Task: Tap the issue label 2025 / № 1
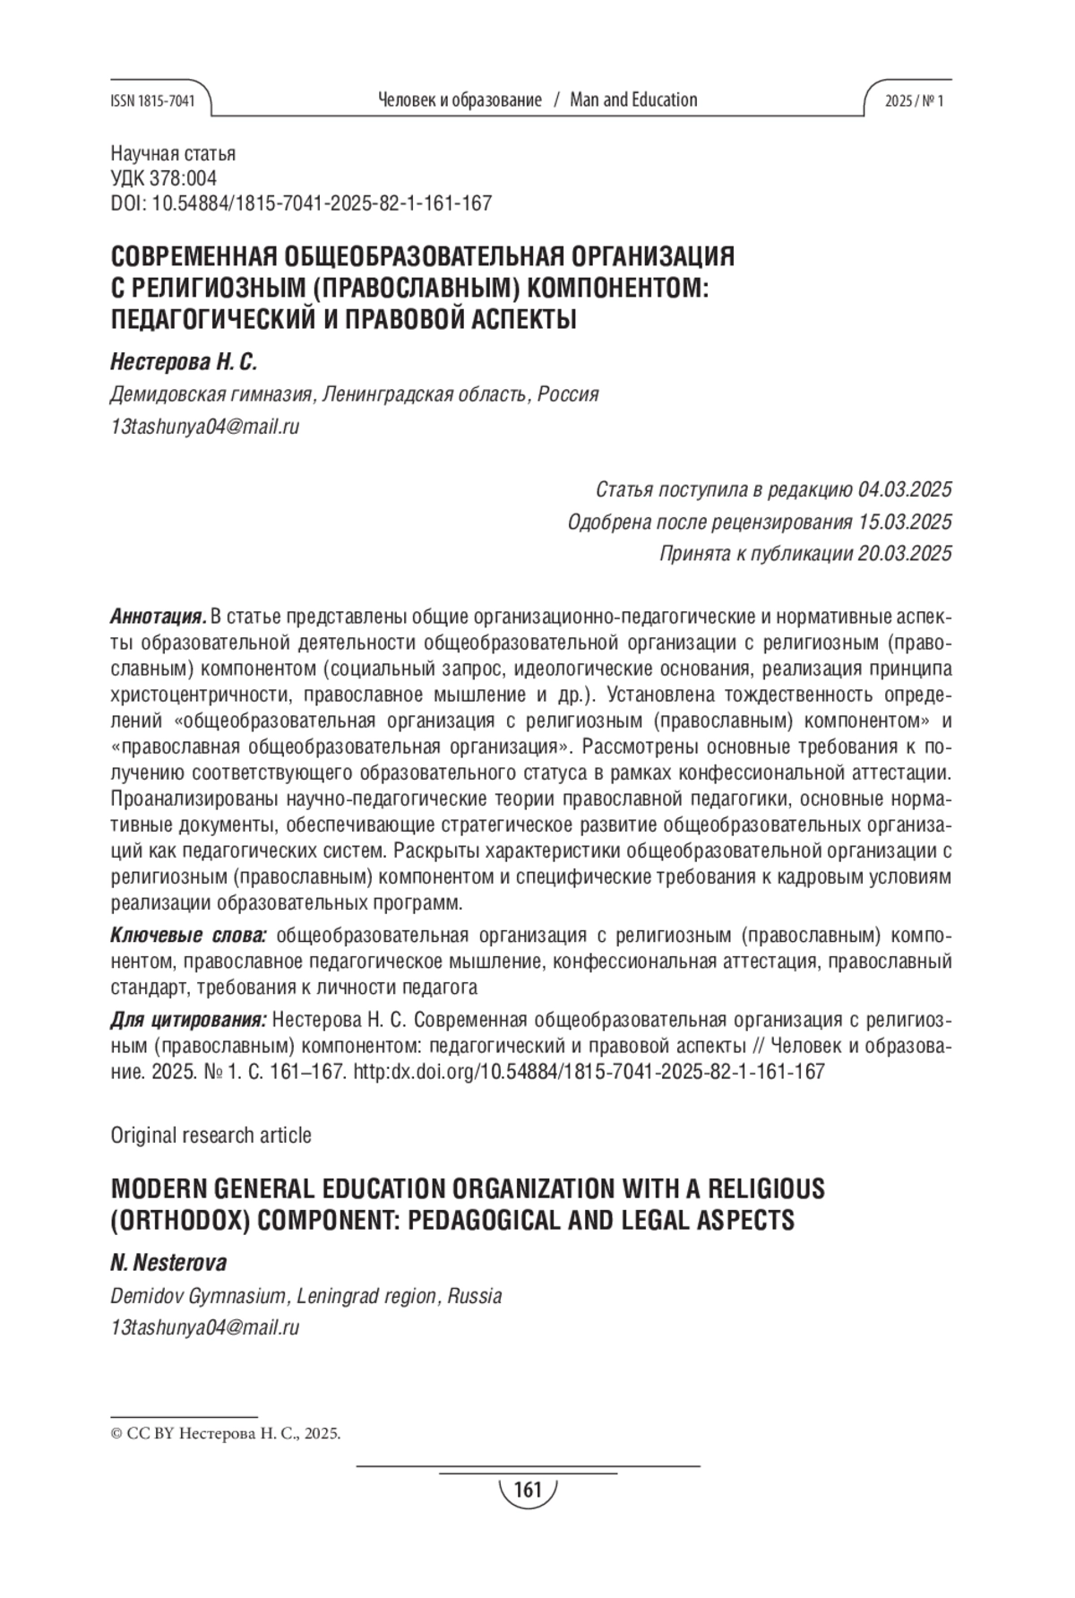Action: click(914, 101)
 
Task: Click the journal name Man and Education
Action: click(633, 100)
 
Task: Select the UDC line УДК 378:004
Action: click(163, 178)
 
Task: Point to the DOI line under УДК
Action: click(301, 203)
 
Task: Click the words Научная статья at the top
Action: click(173, 154)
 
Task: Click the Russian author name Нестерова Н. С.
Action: click(183, 362)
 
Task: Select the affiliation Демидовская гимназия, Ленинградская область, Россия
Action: click(354, 394)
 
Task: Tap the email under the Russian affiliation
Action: click(204, 427)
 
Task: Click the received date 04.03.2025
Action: click(904, 490)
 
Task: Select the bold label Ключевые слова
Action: click(188, 937)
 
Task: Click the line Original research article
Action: click(211, 1136)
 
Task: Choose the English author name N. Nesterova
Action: click(168, 1264)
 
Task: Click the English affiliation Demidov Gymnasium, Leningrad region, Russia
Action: click(305, 1296)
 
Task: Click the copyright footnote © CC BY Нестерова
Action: click(225, 1433)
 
